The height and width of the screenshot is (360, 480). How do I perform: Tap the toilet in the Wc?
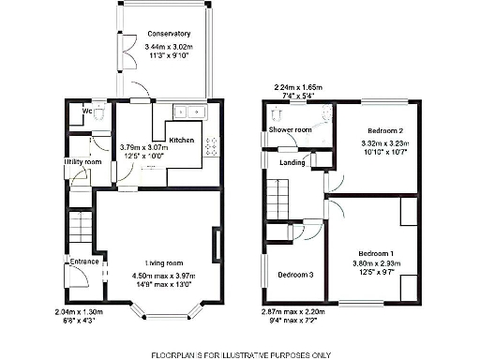click(x=98, y=106)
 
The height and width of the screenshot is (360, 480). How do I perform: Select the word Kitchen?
click(x=181, y=140)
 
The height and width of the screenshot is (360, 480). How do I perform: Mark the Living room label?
click(x=163, y=262)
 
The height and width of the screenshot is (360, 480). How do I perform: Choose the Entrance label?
click(x=82, y=262)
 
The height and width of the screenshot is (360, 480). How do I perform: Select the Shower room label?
click(x=290, y=129)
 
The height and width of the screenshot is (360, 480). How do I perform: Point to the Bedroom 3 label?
click(x=296, y=275)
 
